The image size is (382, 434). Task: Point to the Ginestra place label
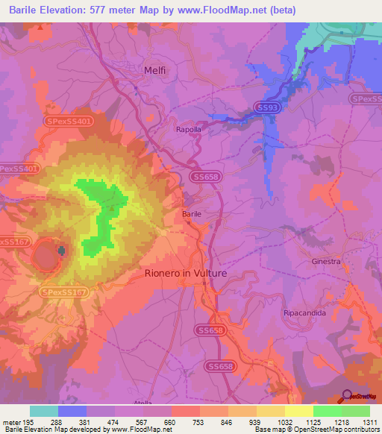pyautogui.click(x=325, y=262)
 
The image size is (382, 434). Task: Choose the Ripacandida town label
pyautogui.click(x=305, y=313)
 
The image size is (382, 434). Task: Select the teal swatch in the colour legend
pyautogui.click(x=44, y=411)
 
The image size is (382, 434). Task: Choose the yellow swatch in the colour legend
pyautogui.click(x=298, y=411)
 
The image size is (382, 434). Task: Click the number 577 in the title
pyautogui.click(x=101, y=10)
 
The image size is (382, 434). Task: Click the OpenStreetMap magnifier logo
pyautogui.click(x=347, y=396)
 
